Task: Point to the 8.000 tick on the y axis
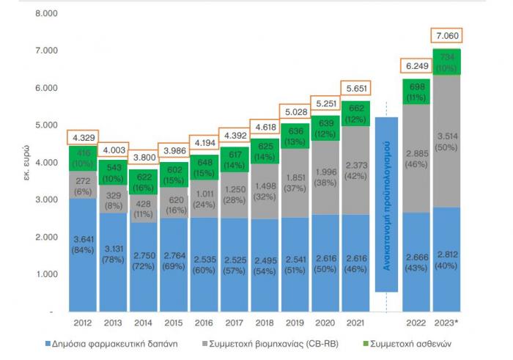(45, 14)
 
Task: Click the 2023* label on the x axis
(446, 323)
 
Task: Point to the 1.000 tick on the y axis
(45, 275)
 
